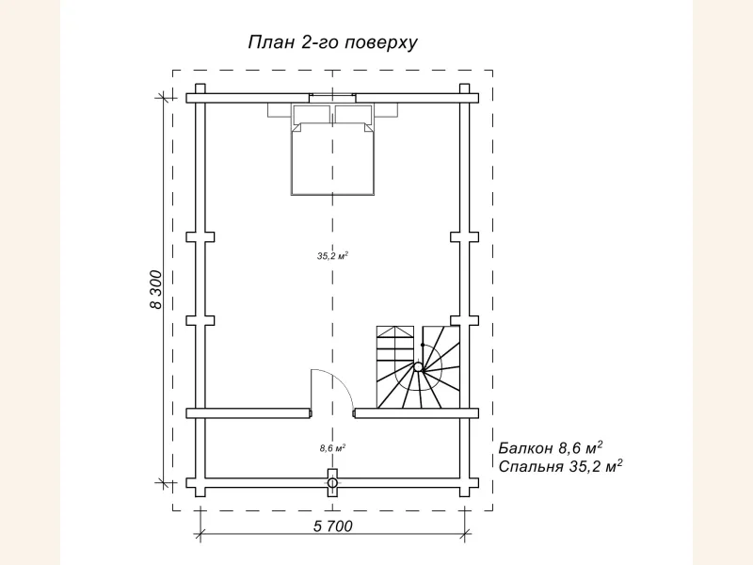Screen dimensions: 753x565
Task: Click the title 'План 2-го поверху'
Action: pos(333,42)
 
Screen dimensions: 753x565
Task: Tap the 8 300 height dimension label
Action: pos(156,290)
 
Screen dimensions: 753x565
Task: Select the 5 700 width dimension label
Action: pos(333,526)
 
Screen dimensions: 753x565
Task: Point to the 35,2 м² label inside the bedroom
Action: pos(332,255)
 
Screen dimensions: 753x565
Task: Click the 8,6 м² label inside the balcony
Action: pos(333,448)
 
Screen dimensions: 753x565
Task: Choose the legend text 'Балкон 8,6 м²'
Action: pos(551,447)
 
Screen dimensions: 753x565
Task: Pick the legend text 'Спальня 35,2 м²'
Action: pos(560,465)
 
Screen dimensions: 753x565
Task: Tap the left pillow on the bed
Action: pos(312,113)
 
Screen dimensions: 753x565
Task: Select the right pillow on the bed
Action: pos(354,113)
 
